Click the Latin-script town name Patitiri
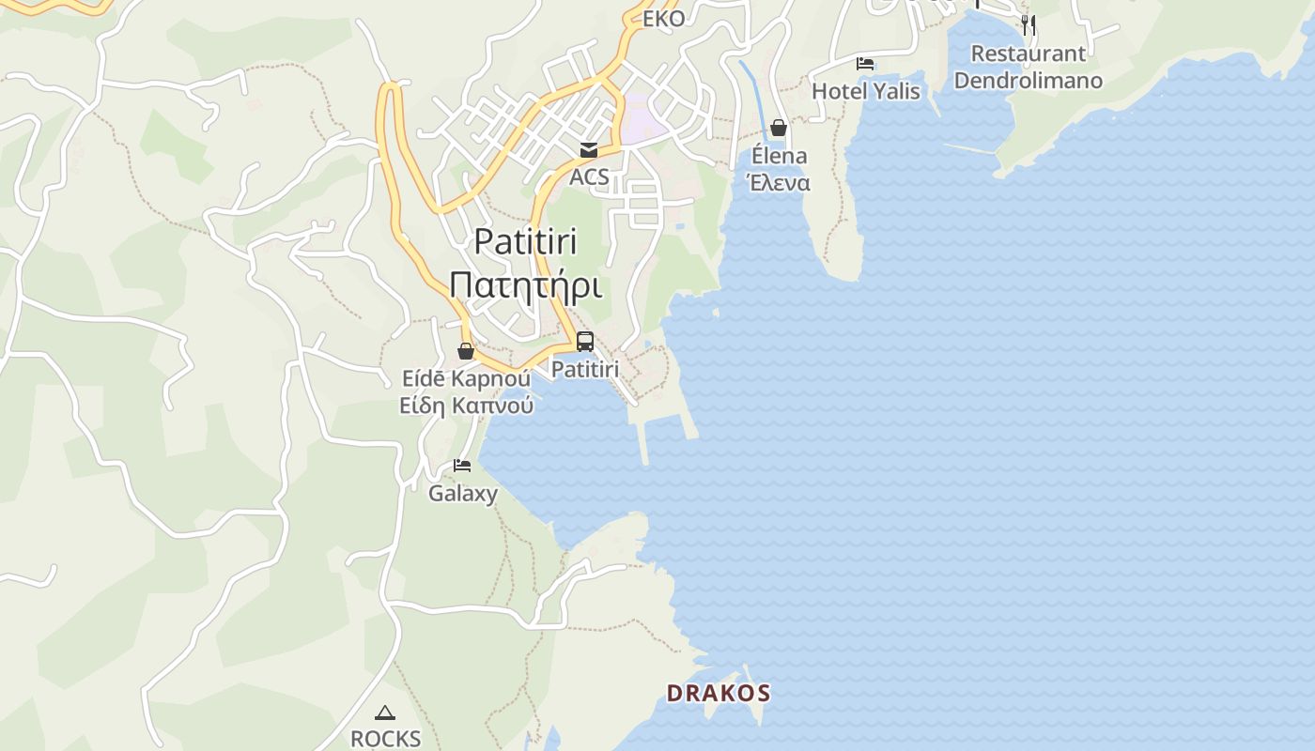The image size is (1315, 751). (525, 241)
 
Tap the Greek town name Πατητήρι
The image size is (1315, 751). (525, 284)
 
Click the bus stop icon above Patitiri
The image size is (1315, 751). (585, 342)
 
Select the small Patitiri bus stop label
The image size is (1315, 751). (585, 370)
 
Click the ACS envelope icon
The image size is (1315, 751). (589, 150)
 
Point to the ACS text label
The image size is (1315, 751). (589, 176)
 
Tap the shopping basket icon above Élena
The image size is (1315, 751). (779, 128)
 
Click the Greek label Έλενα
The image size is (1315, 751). (779, 183)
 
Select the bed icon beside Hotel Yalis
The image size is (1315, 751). (865, 64)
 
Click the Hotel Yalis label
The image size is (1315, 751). (866, 91)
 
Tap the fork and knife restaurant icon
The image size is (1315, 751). (1029, 24)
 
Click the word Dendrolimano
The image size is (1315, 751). (1029, 81)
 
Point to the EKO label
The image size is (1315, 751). (663, 19)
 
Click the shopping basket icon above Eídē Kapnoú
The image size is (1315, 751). (466, 351)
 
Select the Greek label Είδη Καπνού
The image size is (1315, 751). (466, 406)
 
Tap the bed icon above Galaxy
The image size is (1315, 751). (462, 465)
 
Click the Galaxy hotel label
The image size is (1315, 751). (463, 493)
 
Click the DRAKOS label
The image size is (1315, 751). (719, 694)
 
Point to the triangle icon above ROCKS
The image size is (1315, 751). (385, 713)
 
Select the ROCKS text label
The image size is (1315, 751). (385, 739)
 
